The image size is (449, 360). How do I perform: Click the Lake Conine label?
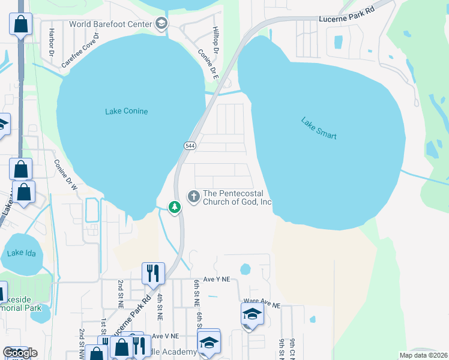coord(126,111)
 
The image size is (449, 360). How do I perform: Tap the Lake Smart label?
coord(319,128)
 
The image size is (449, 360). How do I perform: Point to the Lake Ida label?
coord(22,253)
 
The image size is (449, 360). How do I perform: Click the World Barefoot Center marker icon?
coord(161,24)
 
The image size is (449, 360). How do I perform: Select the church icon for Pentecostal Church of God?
coord(194,196)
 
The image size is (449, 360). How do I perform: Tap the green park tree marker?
coord(175,208)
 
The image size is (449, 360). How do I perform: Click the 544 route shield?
coord(189,146)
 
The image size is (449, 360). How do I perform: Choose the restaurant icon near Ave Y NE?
coord(153,274)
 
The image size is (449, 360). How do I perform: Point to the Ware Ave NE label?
coord(262,305)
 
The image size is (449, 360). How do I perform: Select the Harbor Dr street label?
coord(52,39)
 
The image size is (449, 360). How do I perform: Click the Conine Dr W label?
coord(65,175)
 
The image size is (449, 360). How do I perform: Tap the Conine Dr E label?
coord(208,64)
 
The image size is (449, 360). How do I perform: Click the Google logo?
coord(20,353)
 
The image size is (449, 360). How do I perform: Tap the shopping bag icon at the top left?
coord(20,25)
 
